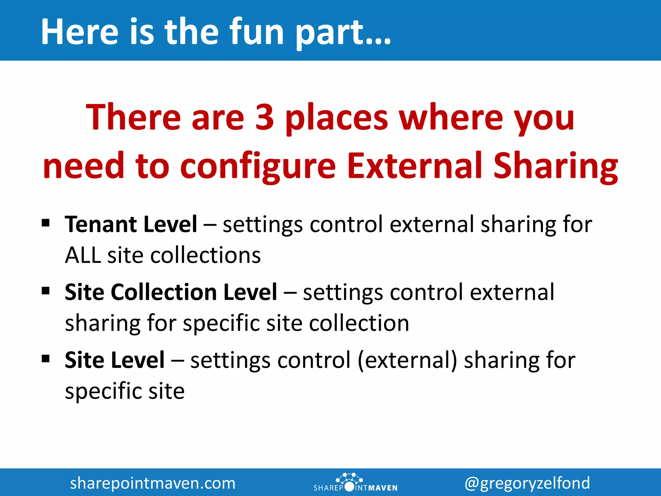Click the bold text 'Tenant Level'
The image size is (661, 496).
click(x=131, y=224)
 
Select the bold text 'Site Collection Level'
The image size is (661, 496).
click(x=171, y=292)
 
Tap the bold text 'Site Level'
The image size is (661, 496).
click(x=115, y=360)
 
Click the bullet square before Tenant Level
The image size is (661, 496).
click(x=46, y=223)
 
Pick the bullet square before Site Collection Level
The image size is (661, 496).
click(x=46, y=291)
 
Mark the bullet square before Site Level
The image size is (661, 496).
click(x=46, y=358)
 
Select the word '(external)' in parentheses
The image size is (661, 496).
click(x=407, y=360)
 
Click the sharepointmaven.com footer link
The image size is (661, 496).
click(x=153, y=483)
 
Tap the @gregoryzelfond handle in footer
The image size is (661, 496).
click(x=527, y=483)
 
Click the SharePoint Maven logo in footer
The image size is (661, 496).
click(x=355, y=483)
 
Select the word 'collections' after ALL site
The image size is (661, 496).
click(x=206, y=255)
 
